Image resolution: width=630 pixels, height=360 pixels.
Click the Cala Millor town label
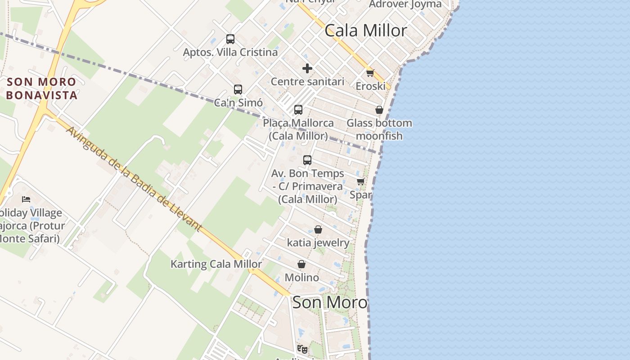(x=365, y=31)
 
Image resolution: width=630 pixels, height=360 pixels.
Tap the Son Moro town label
(x=330, y=302)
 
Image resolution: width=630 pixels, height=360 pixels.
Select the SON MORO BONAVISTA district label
(x=41, y=89)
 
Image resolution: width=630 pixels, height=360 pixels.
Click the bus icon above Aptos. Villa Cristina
(x=230, y=39)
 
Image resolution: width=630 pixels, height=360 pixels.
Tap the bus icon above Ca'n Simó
(x=238, y=90)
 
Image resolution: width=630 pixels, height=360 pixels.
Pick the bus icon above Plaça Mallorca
(x=298, y=110)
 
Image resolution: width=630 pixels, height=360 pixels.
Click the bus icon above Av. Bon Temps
(x=307, y=160)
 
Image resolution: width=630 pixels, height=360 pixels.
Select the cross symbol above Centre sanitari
(x=307, y=68)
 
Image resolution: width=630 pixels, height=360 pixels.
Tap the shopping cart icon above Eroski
(x=370, y=73)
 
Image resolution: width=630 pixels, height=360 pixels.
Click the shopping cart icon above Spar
(x=360, y=182)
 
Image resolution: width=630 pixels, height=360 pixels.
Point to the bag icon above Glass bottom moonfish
(x=379, y=110)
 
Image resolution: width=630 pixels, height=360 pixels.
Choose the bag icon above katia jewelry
(x=318, y=229)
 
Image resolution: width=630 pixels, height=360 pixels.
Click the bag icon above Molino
(x=301, y=264)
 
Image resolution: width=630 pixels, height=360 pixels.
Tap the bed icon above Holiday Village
(x=26, y=199)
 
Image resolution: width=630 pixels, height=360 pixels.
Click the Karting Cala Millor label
(x=216, y=264)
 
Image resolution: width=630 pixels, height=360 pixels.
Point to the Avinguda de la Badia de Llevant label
(x=134, y=179)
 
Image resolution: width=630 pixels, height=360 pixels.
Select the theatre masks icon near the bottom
(x=302, y=349)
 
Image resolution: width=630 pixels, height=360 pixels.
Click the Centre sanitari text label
(x=307, y=81)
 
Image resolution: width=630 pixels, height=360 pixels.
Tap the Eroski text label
(x=370, y=86)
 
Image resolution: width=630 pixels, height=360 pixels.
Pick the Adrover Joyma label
(x=405, y=4)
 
